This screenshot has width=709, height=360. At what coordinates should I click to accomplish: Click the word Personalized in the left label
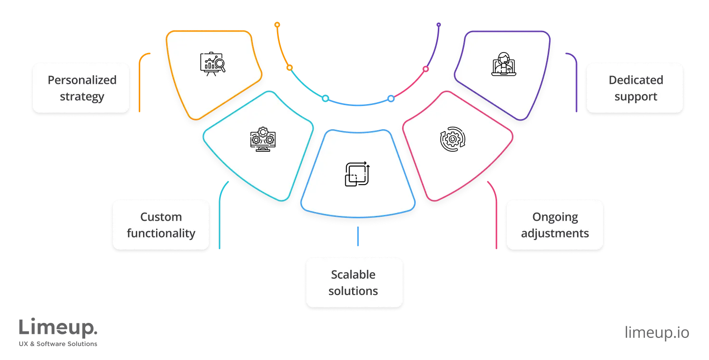click(82, 80)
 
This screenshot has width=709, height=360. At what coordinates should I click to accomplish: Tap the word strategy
click(82, 96)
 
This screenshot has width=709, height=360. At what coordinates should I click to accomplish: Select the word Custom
click(161, 217)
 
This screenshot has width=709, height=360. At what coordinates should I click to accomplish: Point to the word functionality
click(161, 233)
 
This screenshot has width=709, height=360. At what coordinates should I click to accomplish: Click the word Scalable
click(353, 275)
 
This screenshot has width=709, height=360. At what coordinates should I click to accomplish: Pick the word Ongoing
click(555, 217)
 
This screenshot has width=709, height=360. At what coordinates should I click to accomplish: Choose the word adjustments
click(555, 233)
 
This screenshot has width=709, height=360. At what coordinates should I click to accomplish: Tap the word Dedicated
click(636, 80)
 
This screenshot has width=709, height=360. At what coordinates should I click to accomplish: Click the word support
click(636, 96)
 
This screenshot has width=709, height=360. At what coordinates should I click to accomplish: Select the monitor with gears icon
click(263, 139)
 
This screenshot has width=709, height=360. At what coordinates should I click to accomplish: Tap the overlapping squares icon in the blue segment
click(357, 173)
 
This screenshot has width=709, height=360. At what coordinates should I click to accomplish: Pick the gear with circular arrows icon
click(452, 139)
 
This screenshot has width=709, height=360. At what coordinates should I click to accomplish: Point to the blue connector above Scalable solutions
click(358, 236)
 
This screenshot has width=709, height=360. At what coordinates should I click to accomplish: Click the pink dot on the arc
click(426, 69)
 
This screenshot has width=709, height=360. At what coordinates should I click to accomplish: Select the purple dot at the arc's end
click(438, 24)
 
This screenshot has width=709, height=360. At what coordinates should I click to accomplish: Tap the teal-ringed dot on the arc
click(326, 98)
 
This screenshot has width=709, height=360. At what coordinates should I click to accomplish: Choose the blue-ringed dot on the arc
click(391, 98)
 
